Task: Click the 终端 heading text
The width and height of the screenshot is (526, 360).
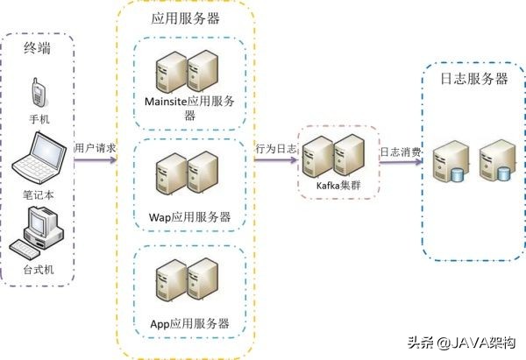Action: pos(37,48)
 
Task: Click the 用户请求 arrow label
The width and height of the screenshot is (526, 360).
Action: pos(94,147)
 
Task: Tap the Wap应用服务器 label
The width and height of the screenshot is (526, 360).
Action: pos(190,216)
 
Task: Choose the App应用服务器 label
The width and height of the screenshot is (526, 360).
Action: pos(190,323)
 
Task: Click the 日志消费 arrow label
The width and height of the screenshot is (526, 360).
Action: pos(399,152)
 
